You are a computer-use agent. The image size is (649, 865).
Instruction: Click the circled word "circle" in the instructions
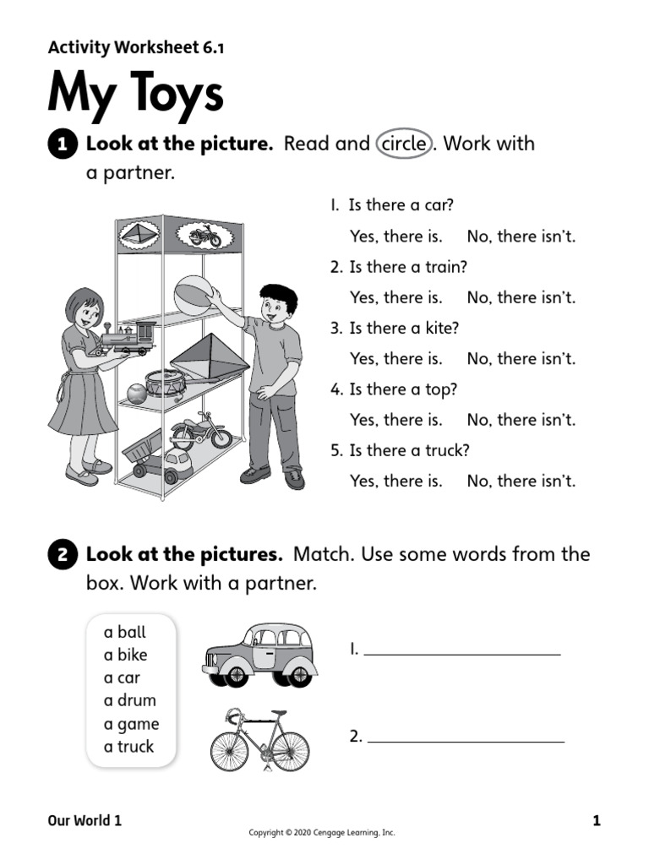coord(404,144)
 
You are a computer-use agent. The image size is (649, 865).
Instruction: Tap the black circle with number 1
coord(63,145)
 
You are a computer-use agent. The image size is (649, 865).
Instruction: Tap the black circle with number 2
coord(63,556)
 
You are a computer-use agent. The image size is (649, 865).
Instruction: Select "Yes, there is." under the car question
coord(395,237)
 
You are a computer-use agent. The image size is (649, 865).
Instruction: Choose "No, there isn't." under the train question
coord(521,297)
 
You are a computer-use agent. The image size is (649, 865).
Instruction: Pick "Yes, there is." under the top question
coord(395,420)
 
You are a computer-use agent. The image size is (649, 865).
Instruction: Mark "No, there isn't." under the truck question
coord(521,481)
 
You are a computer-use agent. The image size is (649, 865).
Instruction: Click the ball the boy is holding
coord(193,295)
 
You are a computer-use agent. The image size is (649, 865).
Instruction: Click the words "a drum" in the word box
coord(129,700)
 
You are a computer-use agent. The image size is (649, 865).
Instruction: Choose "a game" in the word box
coord(131,724)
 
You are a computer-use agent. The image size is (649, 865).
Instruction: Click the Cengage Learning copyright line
coord(321,833)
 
